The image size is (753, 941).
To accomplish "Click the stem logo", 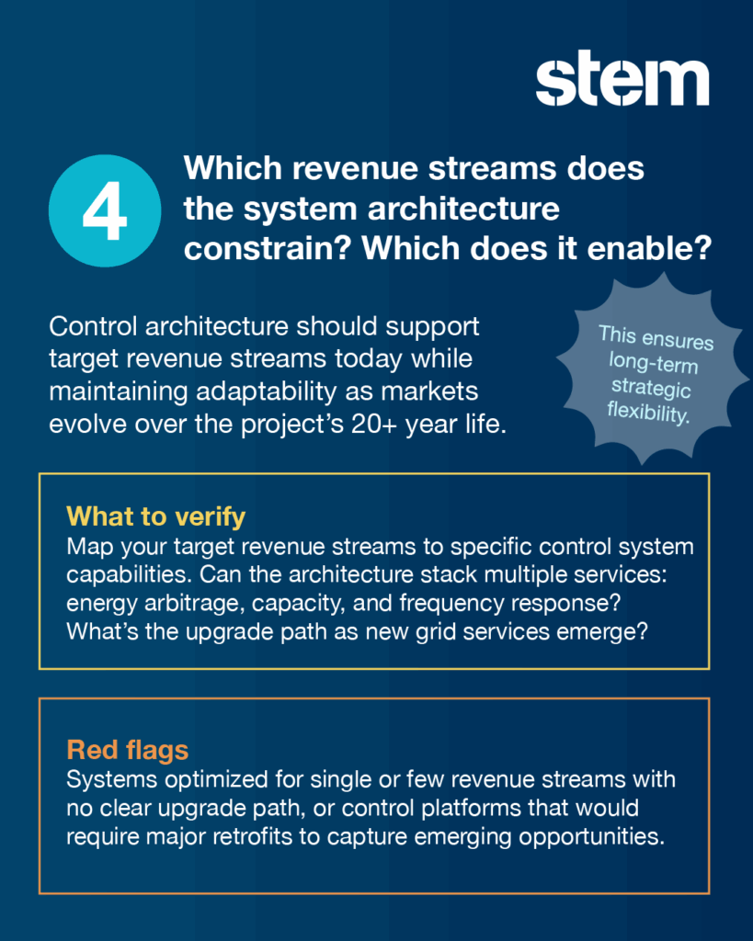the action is tap(622, 78).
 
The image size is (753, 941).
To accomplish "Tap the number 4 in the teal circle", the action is tap(105, 211).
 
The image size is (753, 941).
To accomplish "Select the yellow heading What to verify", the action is tap(156, 516).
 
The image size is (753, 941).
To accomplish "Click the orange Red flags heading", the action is tap(127, 750).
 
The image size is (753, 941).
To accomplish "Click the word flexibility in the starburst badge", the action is tap(647, 413).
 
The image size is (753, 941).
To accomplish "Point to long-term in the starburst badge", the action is tap(654, 362).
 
